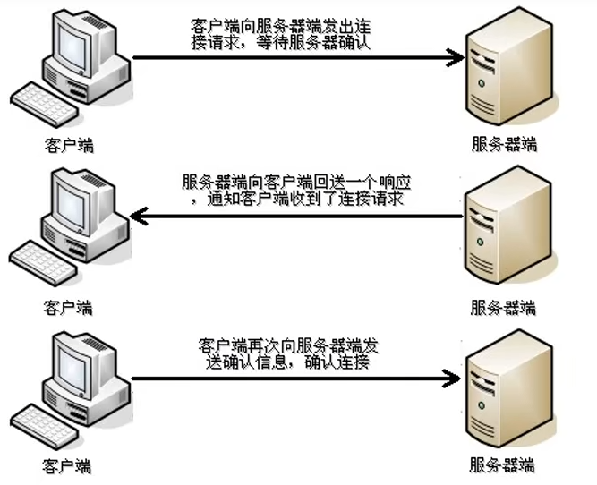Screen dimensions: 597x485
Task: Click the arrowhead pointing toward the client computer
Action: point(139,217)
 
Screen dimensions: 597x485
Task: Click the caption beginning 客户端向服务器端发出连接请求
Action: point(281,35)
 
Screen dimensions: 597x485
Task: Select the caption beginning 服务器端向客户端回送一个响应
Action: point(296,191)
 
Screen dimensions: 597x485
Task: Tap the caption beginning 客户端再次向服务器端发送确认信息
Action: point(288,353)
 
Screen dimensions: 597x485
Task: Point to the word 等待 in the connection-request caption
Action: point(273,43)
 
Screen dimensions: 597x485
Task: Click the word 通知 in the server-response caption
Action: point(224,199)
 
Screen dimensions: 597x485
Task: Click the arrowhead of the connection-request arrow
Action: point(455,58)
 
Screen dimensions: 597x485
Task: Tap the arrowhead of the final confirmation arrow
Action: point(452,379)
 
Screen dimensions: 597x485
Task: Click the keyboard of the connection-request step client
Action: point(45,104)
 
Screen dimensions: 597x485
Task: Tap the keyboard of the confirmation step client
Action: point(45,426)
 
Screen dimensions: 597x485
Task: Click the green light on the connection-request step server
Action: point(482,83)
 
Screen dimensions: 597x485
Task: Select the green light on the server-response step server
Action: point(480,242)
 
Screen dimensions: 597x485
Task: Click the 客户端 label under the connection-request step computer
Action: point(69,146)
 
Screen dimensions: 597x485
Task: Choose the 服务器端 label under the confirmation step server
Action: point(502,465)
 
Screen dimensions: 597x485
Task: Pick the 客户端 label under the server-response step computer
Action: point(68,308)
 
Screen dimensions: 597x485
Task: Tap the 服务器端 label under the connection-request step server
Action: point(505,145)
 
